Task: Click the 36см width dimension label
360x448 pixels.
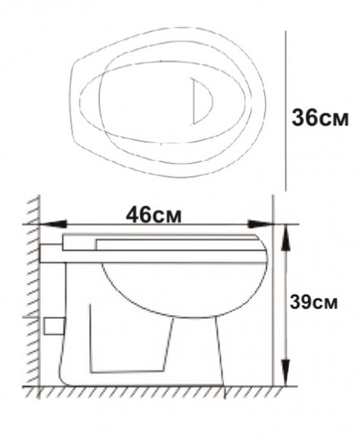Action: (320, 118)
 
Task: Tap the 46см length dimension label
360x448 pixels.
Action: (154, 215)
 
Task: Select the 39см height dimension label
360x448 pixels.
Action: (314, 302)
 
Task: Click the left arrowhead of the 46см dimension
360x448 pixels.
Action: (53, 224)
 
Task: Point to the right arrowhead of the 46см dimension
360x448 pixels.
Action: (260, 224)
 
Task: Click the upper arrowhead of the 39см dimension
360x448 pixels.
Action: (286, 238)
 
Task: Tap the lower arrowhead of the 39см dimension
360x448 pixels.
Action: (286, 373)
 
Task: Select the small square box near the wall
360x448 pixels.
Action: (54, 326)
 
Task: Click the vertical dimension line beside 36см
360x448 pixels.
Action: (286, 111)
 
